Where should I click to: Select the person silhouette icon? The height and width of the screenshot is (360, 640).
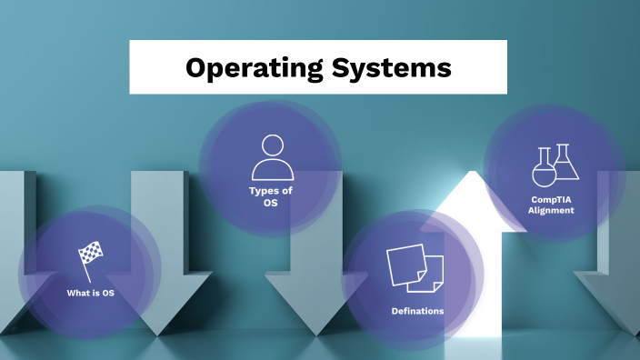coord(272,156)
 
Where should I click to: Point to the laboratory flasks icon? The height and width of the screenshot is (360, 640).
coord(555,165)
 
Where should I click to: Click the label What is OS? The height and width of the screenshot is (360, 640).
coord(90,293)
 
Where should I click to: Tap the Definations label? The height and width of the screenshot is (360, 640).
coord(417,311)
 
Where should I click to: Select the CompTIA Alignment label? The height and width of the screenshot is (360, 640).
coord(552,205)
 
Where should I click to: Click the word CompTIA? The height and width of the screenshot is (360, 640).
coord(552,199)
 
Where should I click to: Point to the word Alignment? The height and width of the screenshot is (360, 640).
coord(552,210)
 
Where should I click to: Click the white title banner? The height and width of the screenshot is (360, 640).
coord(318,67)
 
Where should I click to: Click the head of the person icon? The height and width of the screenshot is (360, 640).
coord(273,145)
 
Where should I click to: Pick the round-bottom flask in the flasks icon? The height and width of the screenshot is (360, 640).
coord(544,170)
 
